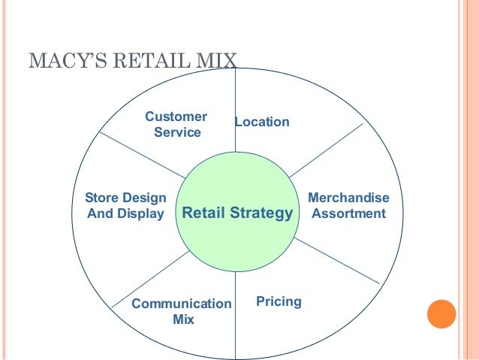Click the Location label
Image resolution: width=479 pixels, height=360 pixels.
[x=262, y=122]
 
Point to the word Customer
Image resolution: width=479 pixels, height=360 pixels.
[x=176, y=116]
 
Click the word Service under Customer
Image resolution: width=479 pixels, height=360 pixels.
[x=177, y=133]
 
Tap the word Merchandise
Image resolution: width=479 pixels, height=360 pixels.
[x=349, y=198]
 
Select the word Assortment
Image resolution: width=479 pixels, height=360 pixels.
[x=348, y=213]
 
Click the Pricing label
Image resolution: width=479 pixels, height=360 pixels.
[x=279, y=301]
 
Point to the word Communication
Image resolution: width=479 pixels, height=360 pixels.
[x=182, y=304]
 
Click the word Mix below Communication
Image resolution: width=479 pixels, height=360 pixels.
[x=183, y=319]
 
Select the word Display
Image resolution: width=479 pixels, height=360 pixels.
[x=142, y=213]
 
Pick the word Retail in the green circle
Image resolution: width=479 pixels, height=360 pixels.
[x=203, y=213]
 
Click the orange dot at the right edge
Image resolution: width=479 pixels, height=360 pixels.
[x=441, y=314]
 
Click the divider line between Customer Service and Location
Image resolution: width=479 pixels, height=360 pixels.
[x=236, y=98]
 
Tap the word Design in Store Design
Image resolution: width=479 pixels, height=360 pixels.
[x=144, y=198]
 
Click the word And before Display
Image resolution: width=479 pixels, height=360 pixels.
[x=101, y=213]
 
